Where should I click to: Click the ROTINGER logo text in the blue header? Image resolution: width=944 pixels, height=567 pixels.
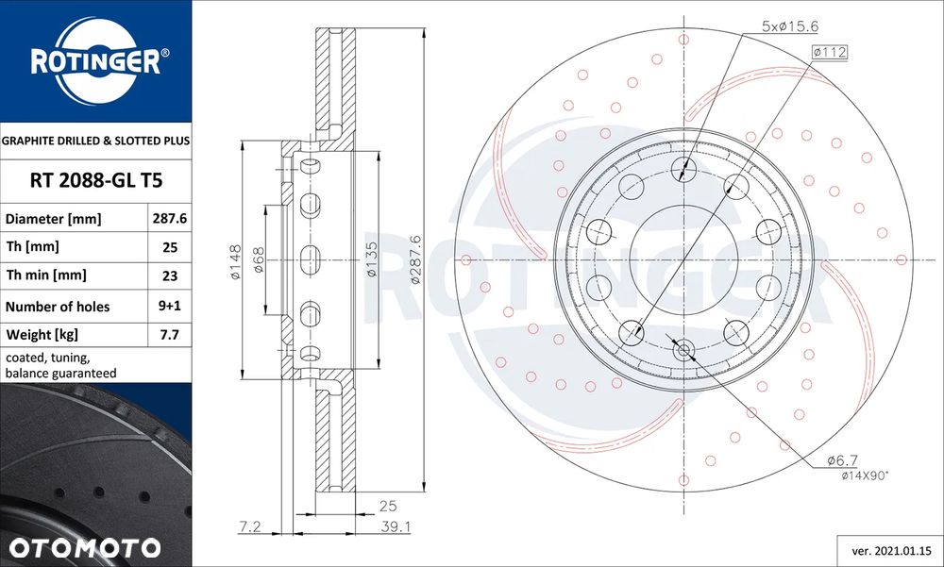94,62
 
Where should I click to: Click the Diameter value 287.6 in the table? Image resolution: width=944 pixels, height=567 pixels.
170,218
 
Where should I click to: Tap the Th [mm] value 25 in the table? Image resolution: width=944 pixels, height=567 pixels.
170,247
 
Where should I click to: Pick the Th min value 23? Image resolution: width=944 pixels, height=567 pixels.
170,275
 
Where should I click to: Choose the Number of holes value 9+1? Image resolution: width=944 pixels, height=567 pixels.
170,306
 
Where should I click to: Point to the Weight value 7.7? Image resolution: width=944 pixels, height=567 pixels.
170,335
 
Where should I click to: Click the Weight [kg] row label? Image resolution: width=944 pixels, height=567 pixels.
42,335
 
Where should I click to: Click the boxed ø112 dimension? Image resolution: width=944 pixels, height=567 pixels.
830,52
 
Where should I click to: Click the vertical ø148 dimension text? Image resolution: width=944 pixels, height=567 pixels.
236,261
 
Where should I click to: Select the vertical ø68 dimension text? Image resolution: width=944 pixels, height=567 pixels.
259,261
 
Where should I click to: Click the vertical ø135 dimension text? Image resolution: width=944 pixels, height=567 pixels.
372,261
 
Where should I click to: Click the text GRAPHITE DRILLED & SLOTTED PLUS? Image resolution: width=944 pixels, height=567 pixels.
95,141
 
